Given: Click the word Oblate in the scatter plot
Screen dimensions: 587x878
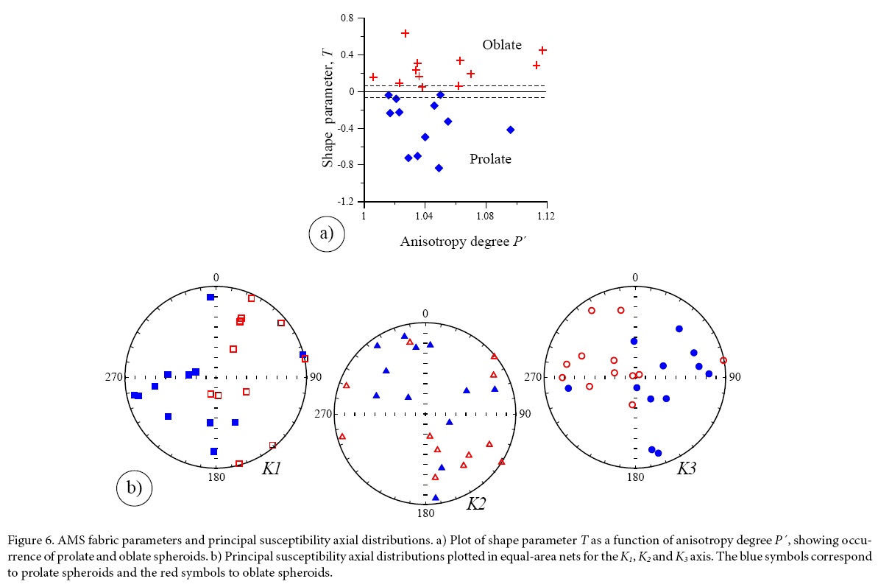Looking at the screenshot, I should point(502,46).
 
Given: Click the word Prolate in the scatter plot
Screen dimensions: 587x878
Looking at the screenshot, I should point(490,159).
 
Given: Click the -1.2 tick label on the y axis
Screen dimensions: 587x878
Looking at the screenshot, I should point(345,202).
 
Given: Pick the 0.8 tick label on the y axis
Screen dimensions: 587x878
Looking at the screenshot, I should point(347,18).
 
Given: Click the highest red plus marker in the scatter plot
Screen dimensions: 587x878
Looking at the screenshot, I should point(405,33).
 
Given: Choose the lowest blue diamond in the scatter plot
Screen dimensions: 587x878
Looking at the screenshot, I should point(439,168).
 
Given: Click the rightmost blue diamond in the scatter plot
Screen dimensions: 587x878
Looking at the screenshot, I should point(510,130).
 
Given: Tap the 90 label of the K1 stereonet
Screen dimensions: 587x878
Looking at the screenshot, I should point(315,377).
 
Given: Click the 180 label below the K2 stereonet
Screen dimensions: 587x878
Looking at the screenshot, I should point(425,513).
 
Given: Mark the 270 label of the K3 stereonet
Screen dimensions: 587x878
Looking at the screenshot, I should point(532,377).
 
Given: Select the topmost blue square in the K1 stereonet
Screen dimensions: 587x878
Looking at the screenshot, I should point(210,297).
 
